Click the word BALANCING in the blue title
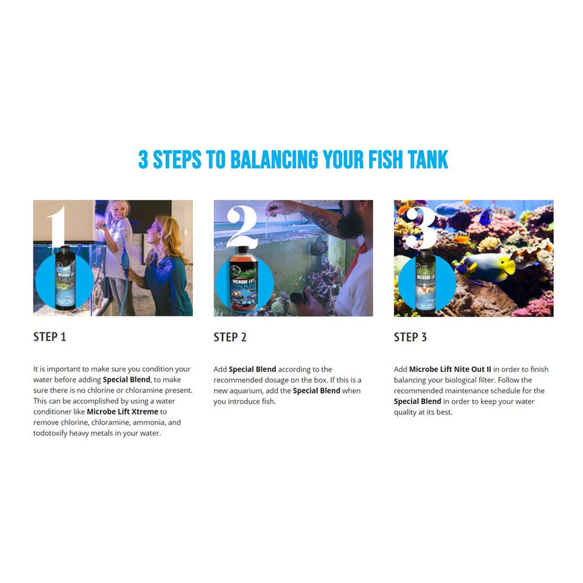tap(274, 160)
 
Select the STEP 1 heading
tap(50, 337)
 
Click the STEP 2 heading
tap(230, 337)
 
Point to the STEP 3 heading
tap(410, 337)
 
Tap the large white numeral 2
tap(242, 226)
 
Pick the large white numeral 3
tap(421, 227)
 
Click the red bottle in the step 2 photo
tap(243, 278)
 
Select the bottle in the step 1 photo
tap(65, 278)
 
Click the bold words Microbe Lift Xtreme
tap(122, 412)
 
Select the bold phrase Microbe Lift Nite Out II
tap(450, 369)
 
